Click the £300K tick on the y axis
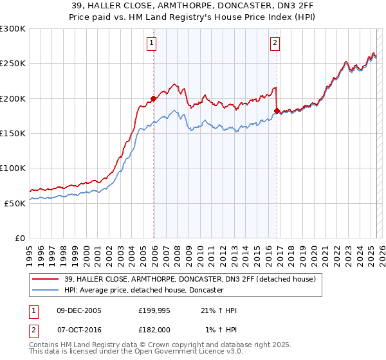13,29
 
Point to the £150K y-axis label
13,133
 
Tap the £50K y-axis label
15,203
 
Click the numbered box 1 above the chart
151,44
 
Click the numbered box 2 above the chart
275,44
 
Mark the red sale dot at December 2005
154,99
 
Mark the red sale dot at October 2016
277,111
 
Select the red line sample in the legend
46,280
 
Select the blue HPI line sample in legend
46,291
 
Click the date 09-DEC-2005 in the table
79,310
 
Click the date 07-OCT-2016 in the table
79,329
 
